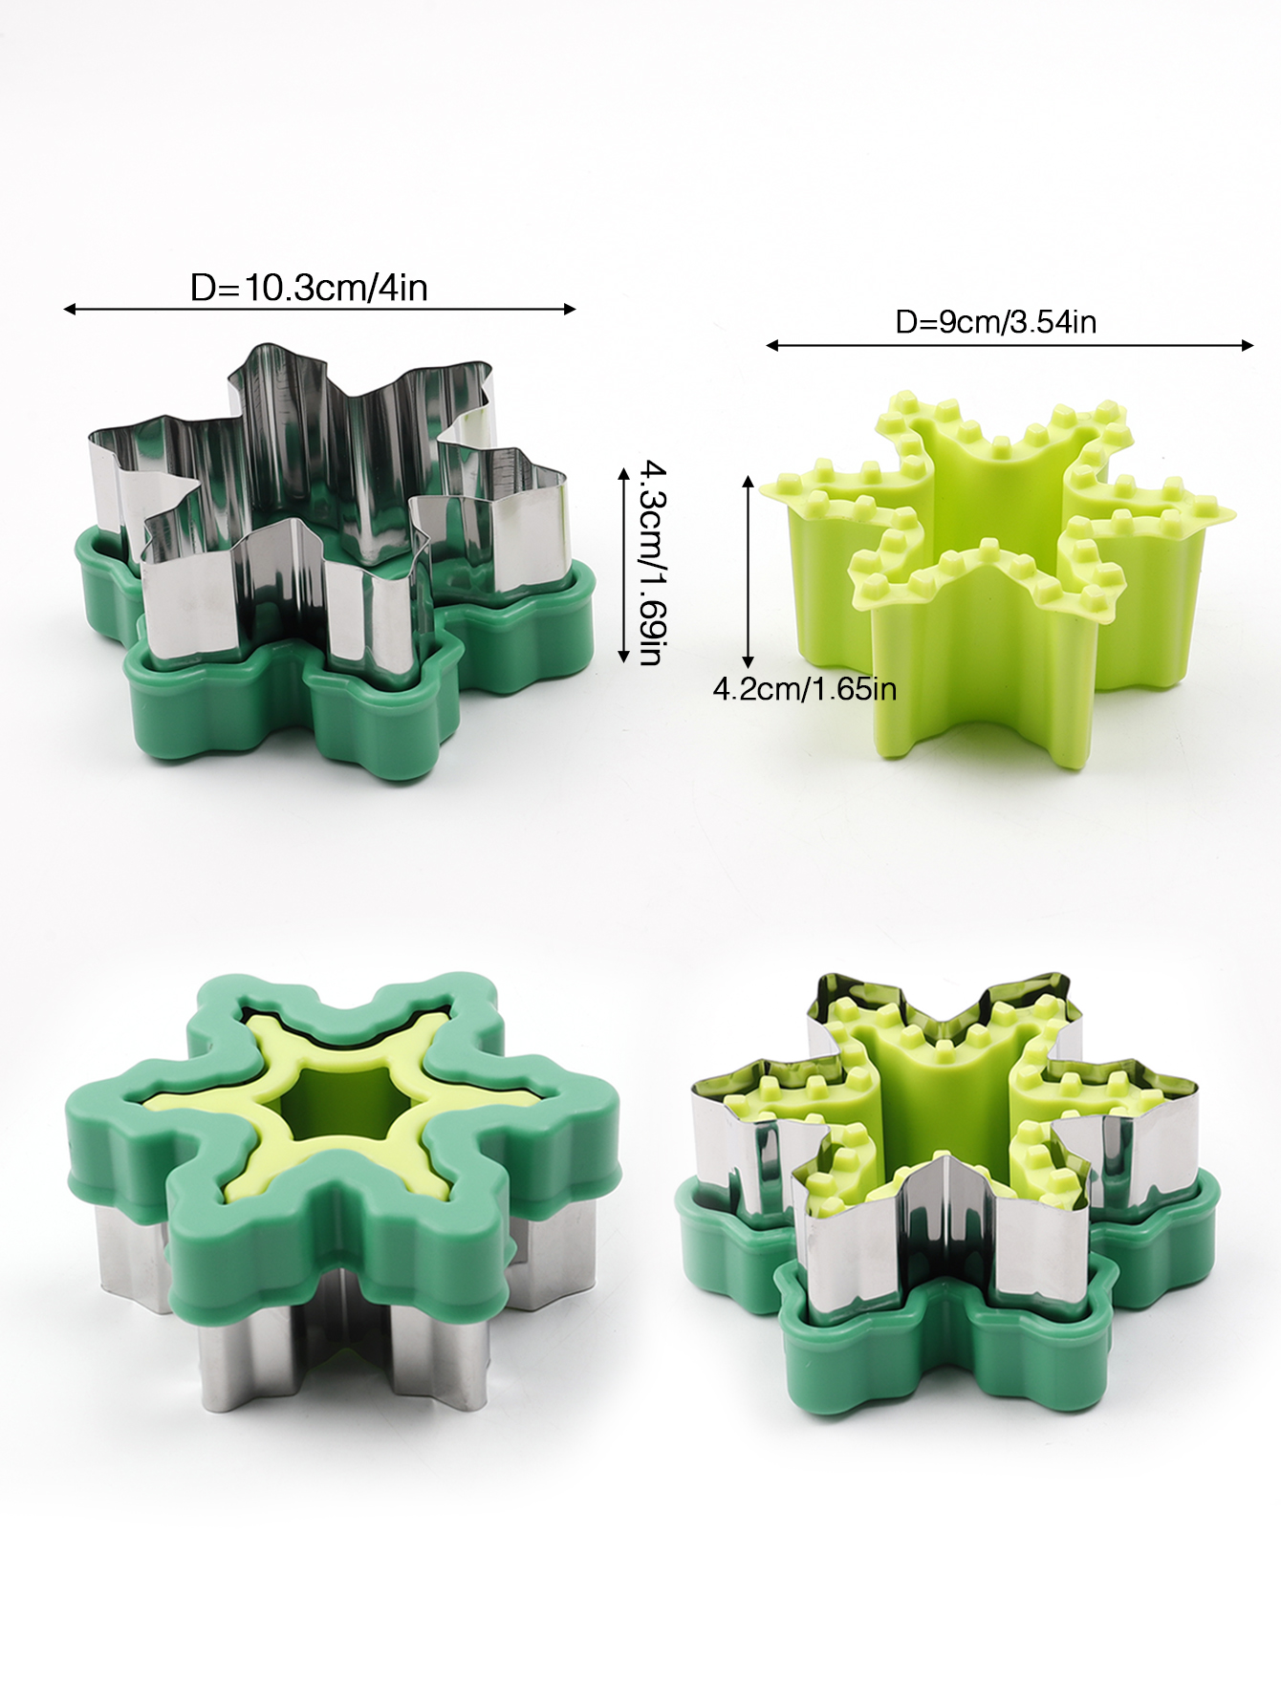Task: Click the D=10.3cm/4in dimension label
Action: pos(309,288)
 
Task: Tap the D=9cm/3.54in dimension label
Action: pos(995,322)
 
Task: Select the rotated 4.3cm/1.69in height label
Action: pos(653,562)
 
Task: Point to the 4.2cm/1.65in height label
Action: pos(805,689)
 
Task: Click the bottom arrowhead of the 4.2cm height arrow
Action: pos(749,660)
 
